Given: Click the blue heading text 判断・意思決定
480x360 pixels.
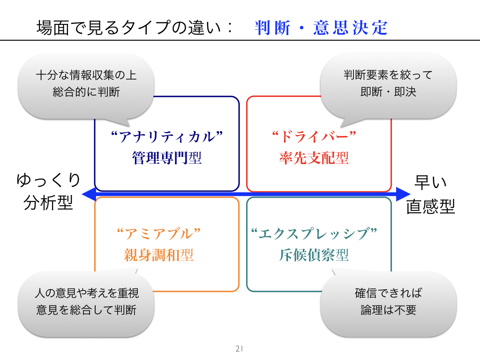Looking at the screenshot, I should (x=322, y=28).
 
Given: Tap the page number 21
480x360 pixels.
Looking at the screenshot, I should (x=239, y=349).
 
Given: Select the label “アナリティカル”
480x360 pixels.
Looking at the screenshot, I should (x=166, y=137).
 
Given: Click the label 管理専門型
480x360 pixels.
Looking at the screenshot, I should (x=166, y=158).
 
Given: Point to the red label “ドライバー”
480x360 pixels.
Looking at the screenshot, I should (x=314, y=137).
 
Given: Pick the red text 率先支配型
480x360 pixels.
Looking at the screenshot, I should (x=314, y=158).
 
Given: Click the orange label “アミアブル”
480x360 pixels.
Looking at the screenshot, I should (x=158, y=233).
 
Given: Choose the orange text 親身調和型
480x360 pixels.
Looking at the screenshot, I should (x=158, y=255).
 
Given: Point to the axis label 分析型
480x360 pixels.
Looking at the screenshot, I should (x=49, y=203).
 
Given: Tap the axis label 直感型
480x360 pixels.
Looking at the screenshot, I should (x=431, y=206).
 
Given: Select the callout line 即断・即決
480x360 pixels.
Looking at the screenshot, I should (x=388, y=92).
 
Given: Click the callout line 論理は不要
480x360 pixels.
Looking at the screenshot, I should (x=388, y=310).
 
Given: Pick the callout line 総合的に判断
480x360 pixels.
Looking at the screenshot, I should (x=86, y=92).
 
